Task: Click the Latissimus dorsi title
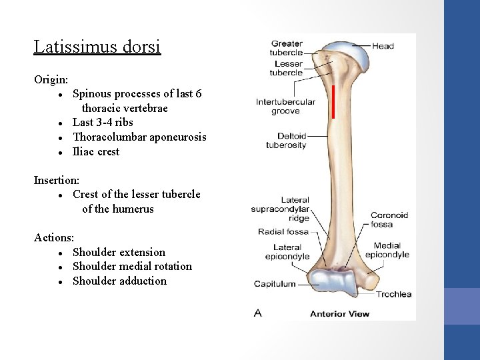pyautogui.click(x=97, y=47)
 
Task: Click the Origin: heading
pyautogui.click(x=51, y=79)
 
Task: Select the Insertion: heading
pyautogui.click(x=57, y=180)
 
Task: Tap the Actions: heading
pyautogui.click(x=54, y=237)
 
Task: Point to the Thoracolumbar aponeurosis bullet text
pyautogui.click(x=139, y=137)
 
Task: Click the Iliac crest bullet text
pyautogui.click(x=96, y=151)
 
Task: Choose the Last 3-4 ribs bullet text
pyautogui.click(x=103, y=122)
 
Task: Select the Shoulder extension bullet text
pyautogui.click(x=119, y=252)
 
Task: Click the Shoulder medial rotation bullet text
pyautogui.click(x=132, y=266)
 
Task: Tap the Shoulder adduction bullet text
pyautogui.click(x=119, y=281)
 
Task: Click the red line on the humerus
pyautogui.click(x=333, y=101)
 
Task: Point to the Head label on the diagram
pyautogui.click(x=383, y=46)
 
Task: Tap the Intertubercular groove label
pyautogui.click(x=285, y=107)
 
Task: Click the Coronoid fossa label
pyautogui.click(x=390, y=220)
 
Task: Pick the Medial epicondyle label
pyautogui.click(x=387, y=250)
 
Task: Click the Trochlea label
pyautogui.click(x=394, y=294)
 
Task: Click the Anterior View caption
pyautogui.click(x=340, y=313)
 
